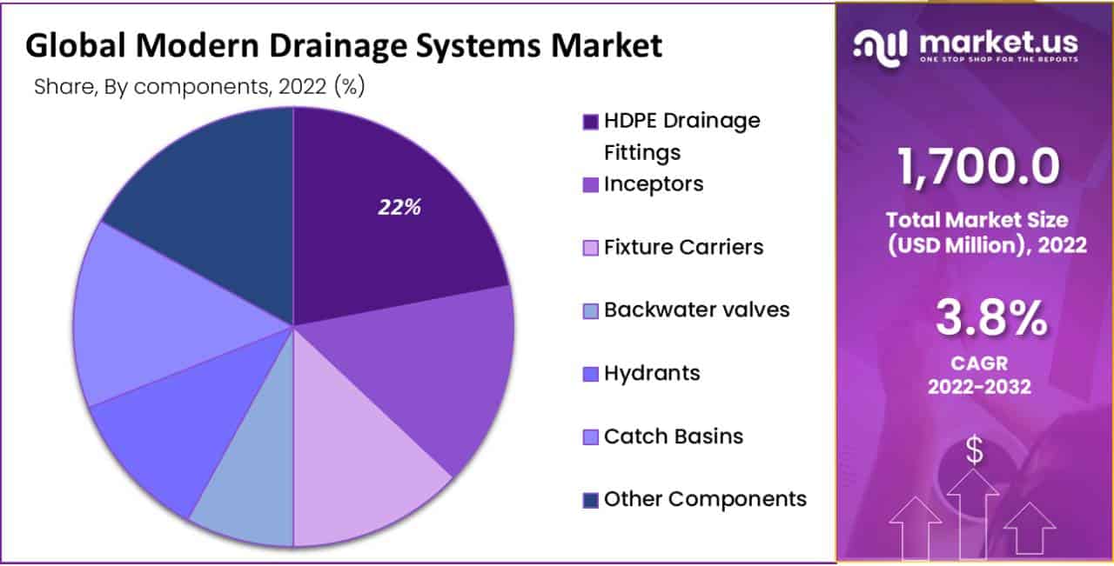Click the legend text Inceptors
[x=654, y=184]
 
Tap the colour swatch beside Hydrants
[x=590, y=375]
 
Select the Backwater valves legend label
[x=697, y=310]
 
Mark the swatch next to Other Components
[x=590, y=500]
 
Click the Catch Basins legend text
[x=674, y=436]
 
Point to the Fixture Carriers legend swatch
[x=590, y=248]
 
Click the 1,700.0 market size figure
[x=979, y=168]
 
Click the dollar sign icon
[x=975, y=451]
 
